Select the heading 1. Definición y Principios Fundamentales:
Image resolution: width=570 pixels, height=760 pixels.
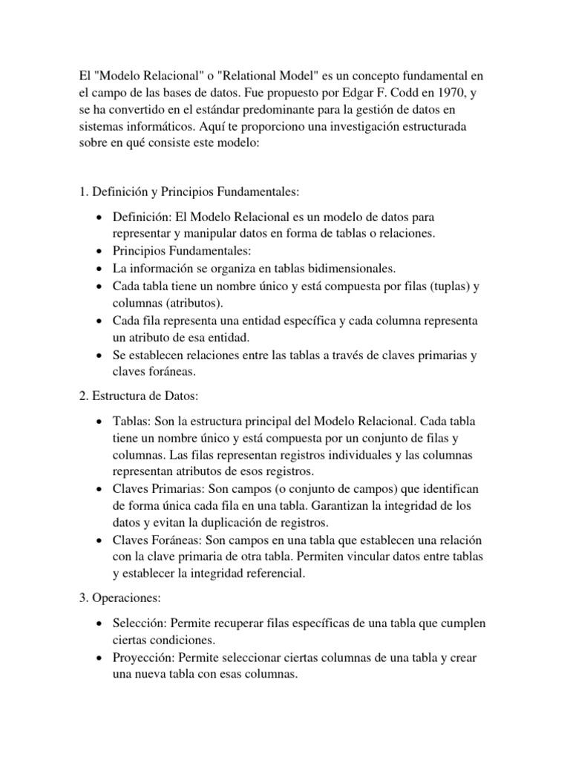[x=189, y=191]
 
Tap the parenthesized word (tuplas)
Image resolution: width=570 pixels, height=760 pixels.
[x=453, y=286]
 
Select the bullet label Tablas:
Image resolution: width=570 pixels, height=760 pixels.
[x=131, y=421]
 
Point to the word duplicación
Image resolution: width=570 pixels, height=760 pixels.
[x=239, y=522]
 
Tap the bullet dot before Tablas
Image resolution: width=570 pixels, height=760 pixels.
[x=99, y=422]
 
